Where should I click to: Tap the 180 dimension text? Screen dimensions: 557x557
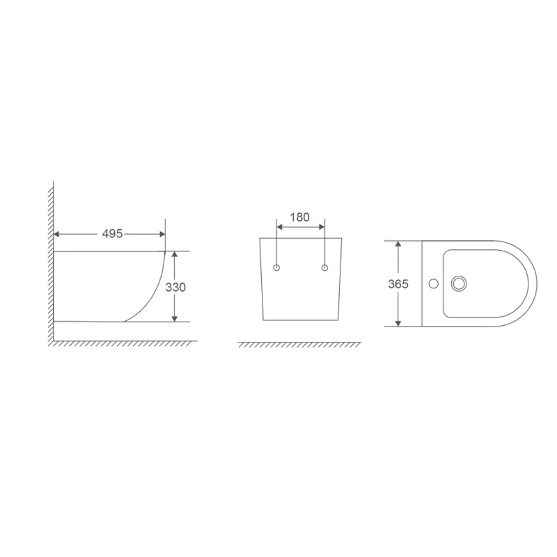coord(299,217)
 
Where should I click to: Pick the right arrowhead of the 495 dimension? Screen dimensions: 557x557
coord(162,235)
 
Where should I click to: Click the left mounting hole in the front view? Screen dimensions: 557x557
coord(277,268)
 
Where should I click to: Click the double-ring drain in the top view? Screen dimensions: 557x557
coord(459,283)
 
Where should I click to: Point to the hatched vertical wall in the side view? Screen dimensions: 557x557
coord(52,265)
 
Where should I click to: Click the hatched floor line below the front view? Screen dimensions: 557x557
coord(299,345)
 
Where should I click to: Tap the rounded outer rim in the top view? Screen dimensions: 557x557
coord(535,283)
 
